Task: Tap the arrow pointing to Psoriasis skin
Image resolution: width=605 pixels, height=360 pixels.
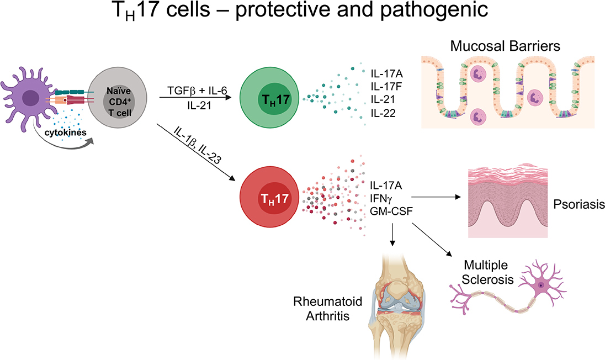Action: coord(436,195)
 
